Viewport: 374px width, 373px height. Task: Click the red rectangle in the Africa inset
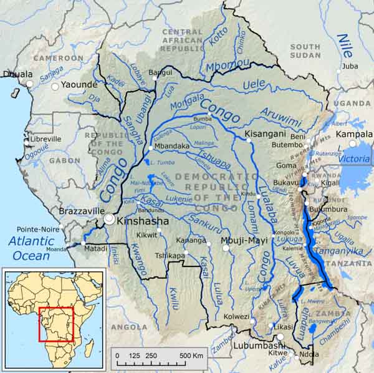click(x=56, y=324)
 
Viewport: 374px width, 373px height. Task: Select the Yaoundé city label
click(x=79, y=85)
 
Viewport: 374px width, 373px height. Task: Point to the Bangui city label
click(x=160, y=72)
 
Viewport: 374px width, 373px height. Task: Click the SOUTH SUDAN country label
click(x=305, y=51)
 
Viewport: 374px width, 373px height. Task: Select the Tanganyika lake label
click(x=336, y=251)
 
